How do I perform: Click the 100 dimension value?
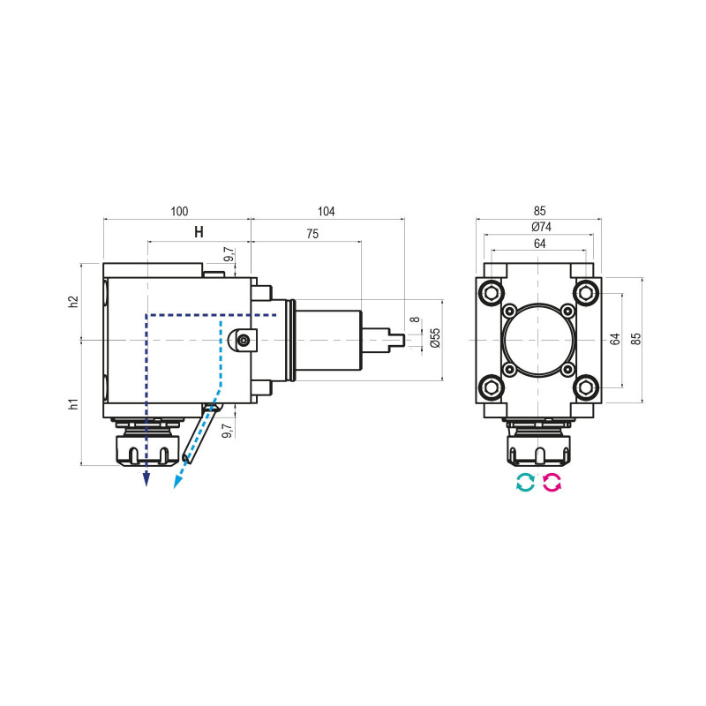point(179,211)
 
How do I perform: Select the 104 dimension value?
point(327,211)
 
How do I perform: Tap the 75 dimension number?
point(312,235)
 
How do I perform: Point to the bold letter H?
point(199,232)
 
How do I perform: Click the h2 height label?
point(74,301)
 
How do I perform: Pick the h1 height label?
point(74,403)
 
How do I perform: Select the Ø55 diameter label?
point(433,338)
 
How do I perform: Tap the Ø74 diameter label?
point(540,228)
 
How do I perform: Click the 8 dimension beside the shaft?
point(413,319)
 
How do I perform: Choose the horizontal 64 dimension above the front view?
point(540,244)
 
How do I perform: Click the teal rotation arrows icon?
point(525,482)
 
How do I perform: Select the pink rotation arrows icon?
point(552,482)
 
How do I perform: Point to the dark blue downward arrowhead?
point(146,479)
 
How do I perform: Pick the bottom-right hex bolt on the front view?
point(585,386)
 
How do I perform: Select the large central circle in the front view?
point(538,339)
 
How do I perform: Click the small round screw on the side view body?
point(244,339)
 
